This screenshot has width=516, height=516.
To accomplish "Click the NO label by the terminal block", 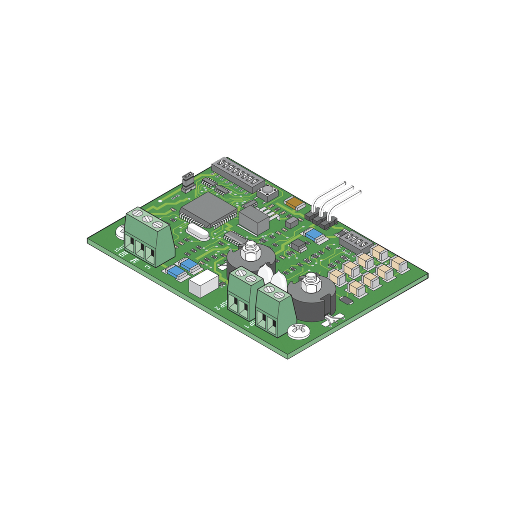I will click(x=123, y=254).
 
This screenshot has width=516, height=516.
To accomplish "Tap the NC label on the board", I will click(x=134, y=260).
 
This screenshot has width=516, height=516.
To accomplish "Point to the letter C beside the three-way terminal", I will click(x=148, y=267).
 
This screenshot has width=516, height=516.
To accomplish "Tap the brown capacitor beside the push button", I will click(x=295, y=203).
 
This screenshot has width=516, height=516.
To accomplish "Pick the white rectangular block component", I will click(x=203, y=283).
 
